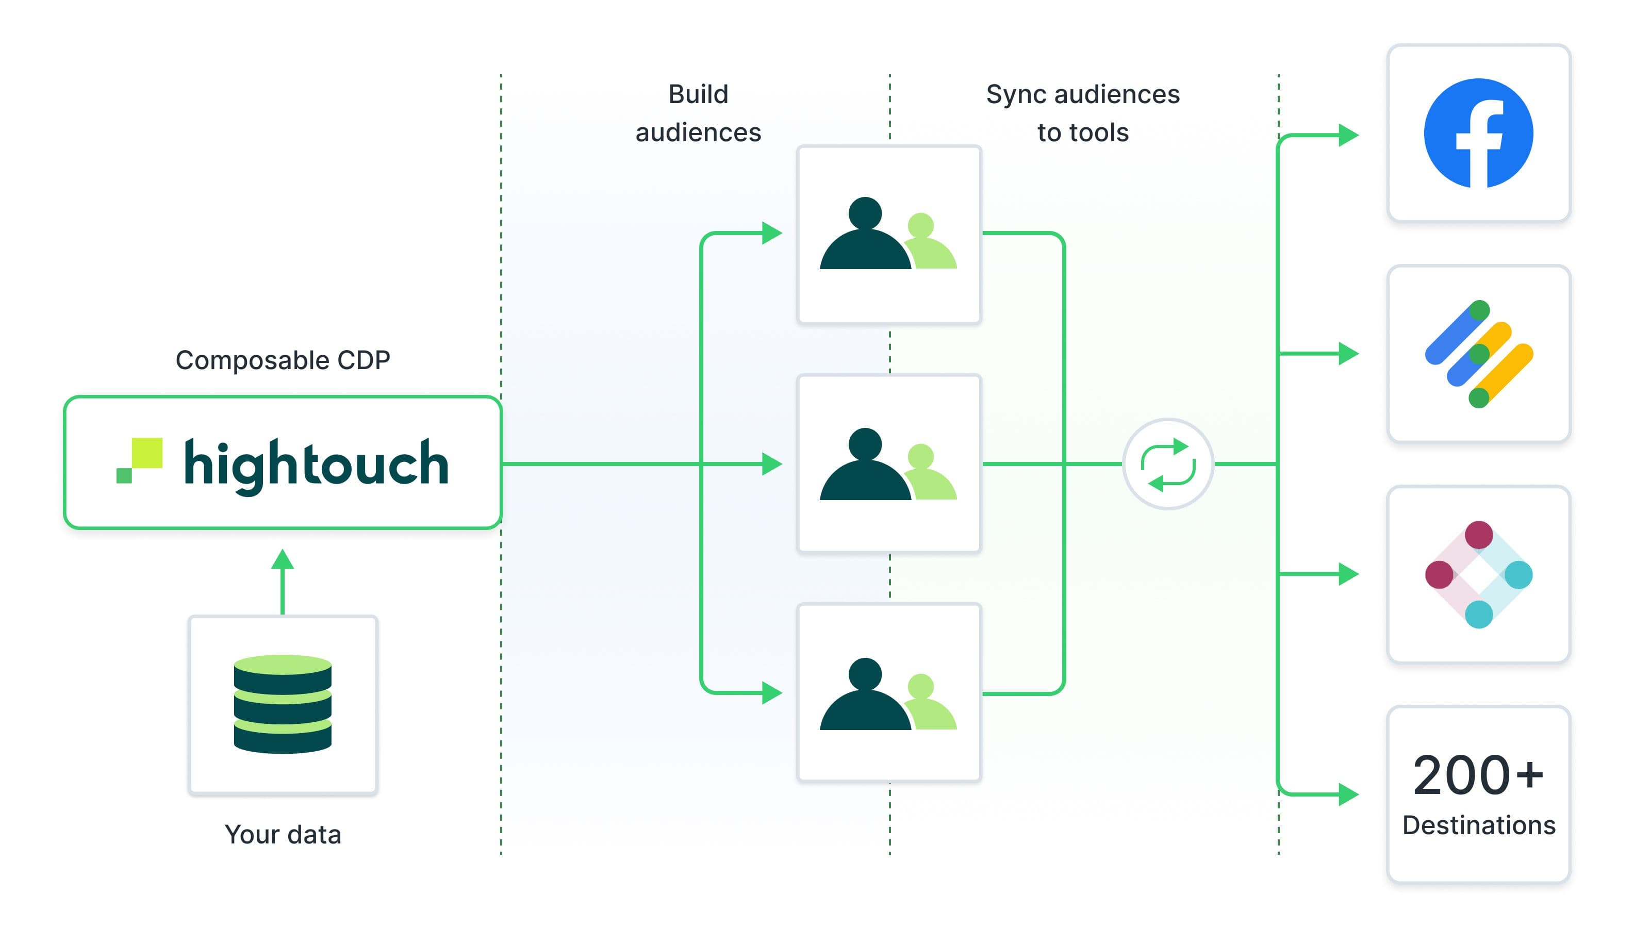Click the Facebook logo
pyautogui.click(x=1478, y=133)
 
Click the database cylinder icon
pyautogui.click(x=283, y=703)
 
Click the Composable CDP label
pyautogui.click(x=283, y=360)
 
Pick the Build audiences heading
pyautogui.click(x=698, y=113)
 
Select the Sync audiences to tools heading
pyautogui.click(x=1082, y=113)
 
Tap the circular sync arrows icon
pyautogui.click(x=1168, y=463)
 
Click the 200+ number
pyautogui.click(x=1478, y=775)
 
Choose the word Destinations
pyautogui.click(x=1478, y=825)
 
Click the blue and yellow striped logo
pyautogui.click(x=1478, y=354)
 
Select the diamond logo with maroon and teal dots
pyautogui.click(x=1478, y=574)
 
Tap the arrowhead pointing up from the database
pyautogui.click(x=283, y=560)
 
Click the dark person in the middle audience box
pyautogui.click(x=865, y=466)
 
